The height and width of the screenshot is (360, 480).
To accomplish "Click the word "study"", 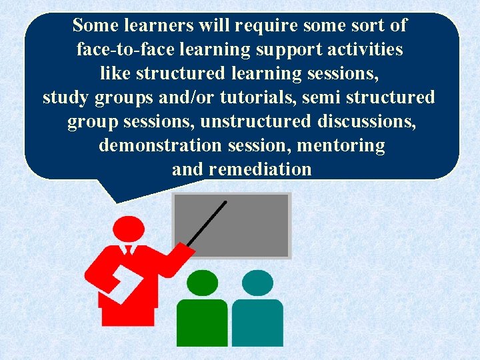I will [66, 98].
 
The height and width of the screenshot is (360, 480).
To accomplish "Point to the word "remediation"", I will [260, 169].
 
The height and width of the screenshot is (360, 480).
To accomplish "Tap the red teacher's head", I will [128, 229].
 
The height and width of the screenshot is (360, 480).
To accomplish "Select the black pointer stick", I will [207, 224].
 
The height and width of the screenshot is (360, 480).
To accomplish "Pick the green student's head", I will [202, 283].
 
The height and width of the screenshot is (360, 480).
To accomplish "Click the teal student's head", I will [257, 283].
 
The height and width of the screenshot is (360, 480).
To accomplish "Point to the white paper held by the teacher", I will [124, 281].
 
